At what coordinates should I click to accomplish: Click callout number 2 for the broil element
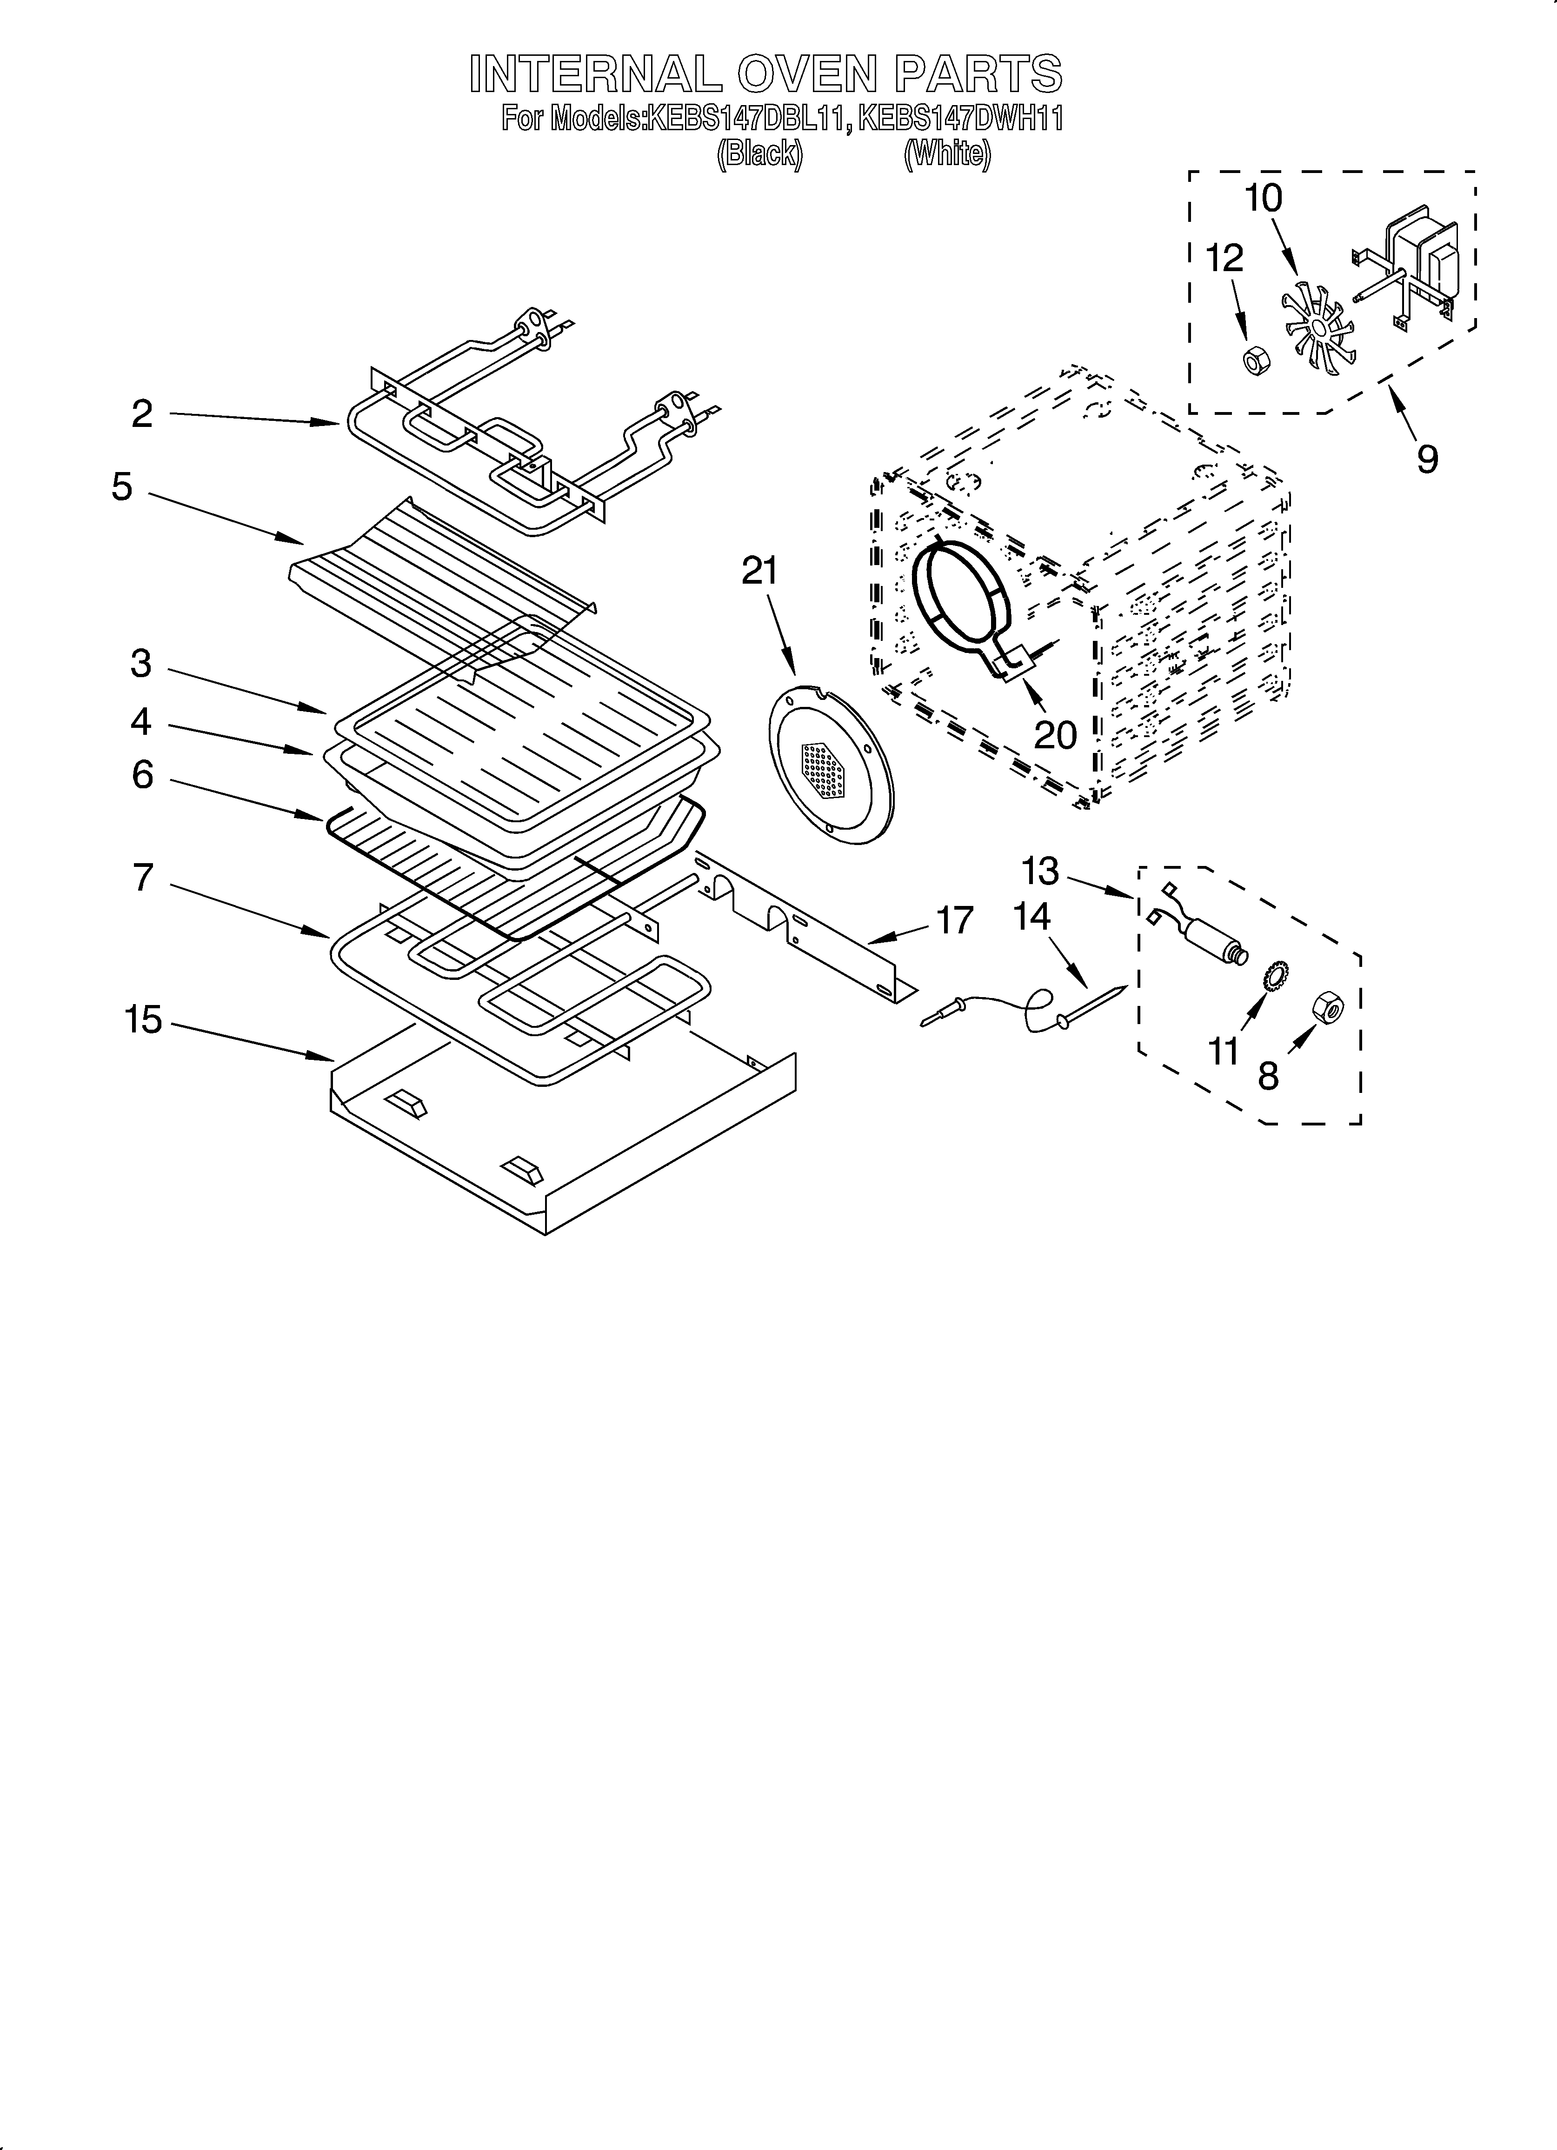142,414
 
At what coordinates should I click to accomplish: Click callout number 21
759,572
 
